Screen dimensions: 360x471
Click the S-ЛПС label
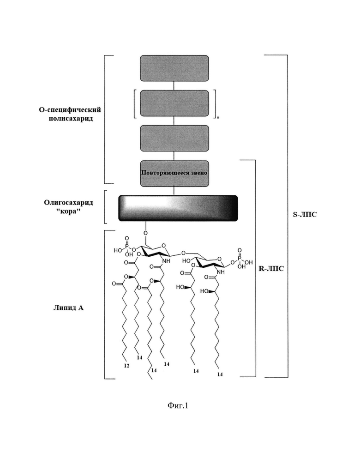(x=305, y=214)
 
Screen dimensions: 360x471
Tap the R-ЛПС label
(x=271, y=268)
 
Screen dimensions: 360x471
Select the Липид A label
(x=68, y=308)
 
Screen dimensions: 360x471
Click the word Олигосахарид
(x=68, y=202)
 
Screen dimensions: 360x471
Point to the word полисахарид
(x=71, y=118)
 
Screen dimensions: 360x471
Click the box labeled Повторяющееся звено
(x=174, y=173)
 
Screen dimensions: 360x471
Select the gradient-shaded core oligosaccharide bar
(x=178, y=208)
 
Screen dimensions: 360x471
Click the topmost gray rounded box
(x=174, y=68)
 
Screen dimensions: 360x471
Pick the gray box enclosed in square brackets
(x=174, y=103)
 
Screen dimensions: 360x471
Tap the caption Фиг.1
(x=177, y=406)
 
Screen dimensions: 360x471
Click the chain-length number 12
(x=127, y=366)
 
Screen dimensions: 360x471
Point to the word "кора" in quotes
(x=68, y=211)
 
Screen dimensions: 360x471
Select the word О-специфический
(x=70, y=109)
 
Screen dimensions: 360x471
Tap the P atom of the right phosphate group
(x=239, y=258)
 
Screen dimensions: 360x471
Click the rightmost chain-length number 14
(x=220, y=374)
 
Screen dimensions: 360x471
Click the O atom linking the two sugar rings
(x=183, y=253)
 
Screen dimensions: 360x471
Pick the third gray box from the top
(x=174, y=138)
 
